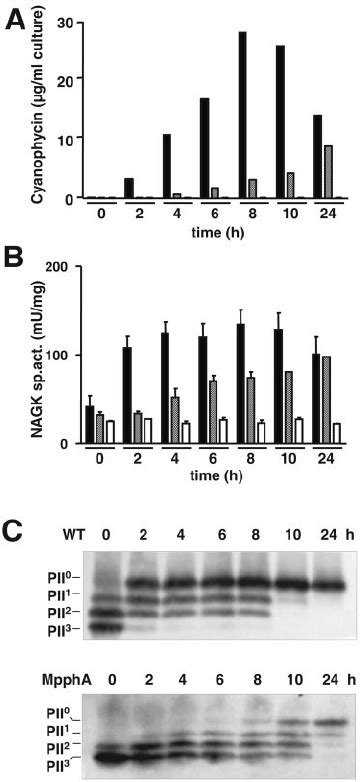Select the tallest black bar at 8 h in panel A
pos(243,115)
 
